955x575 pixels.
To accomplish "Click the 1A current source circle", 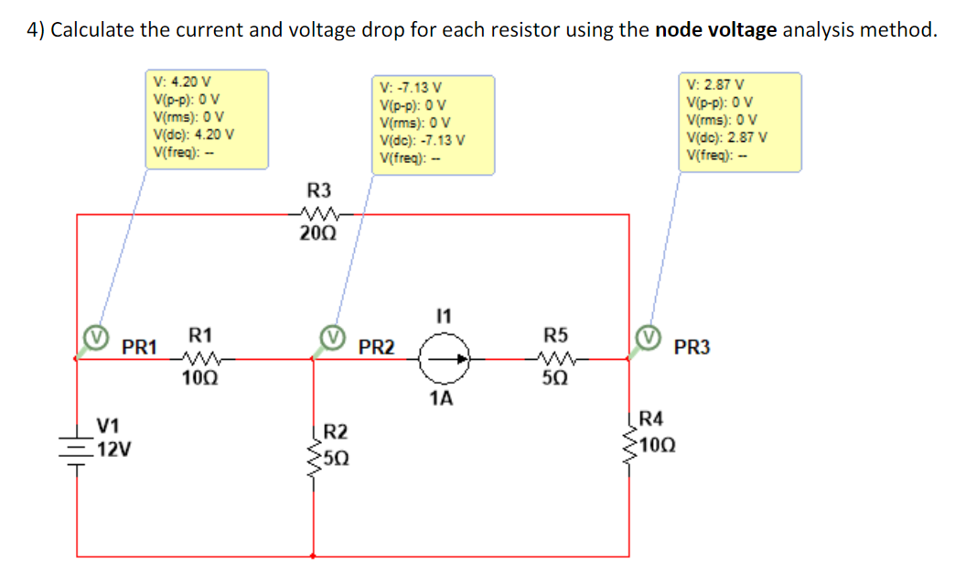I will (x=444, y=360).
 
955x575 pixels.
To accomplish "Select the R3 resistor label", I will (x=318, y=190).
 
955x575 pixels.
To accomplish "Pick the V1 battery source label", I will (x=108, y=426).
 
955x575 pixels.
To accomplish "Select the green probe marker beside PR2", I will (x=336, y=338).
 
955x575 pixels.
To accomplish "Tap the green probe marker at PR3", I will (x=650, y=338).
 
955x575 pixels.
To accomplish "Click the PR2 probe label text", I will (x=377, y=348).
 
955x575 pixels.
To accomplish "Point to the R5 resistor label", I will (x=555, y=335).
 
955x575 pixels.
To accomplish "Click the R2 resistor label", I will (x=336, y=431).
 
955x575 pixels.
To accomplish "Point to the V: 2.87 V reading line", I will (x=716, y=84).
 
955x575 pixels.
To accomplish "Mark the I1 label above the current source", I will (x=444, y=317).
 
